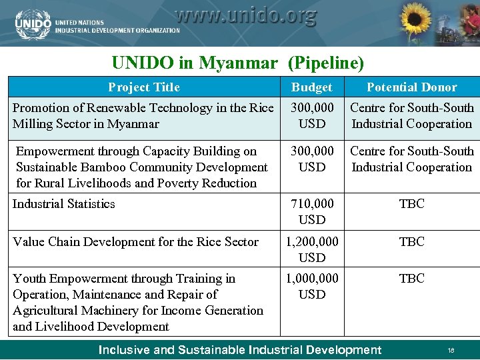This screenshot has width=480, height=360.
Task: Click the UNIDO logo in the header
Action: (33, 24)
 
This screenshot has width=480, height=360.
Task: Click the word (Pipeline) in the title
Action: (326, 63)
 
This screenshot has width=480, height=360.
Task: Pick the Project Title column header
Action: (144, 87)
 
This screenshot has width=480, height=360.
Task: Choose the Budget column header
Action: (311, 87)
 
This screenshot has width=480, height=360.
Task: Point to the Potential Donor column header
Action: (411, 87)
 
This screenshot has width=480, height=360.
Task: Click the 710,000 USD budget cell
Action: (311, 211)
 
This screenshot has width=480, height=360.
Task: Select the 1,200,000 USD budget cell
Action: (311, 249)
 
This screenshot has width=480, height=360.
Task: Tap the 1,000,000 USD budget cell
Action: (311, 286)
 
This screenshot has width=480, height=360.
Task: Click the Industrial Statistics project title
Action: (64, 204)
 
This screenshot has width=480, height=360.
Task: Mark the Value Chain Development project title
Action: (135, 242)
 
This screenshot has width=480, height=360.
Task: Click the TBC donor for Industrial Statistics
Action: (411, 204)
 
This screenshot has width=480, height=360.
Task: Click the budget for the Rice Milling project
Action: (311, 115)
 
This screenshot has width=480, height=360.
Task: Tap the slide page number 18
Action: (451, 350)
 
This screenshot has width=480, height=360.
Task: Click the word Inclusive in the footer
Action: (124, 349)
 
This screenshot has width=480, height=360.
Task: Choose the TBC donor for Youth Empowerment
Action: (411, 279)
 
